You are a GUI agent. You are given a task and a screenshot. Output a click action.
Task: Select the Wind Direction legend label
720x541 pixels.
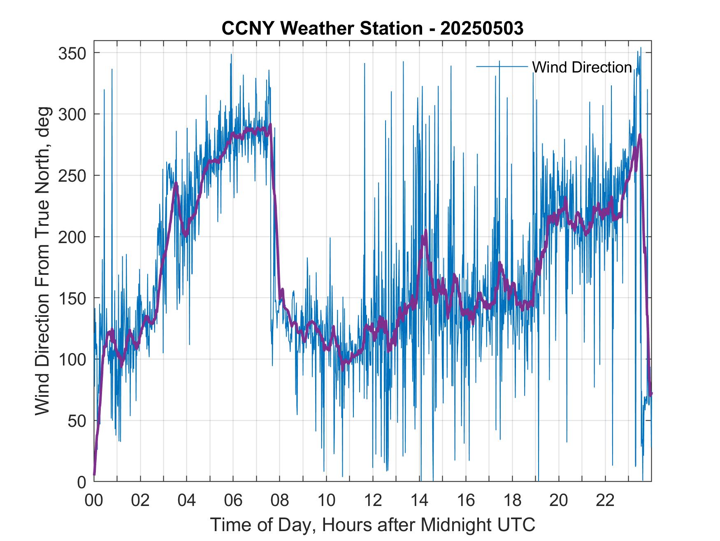coord(582,67)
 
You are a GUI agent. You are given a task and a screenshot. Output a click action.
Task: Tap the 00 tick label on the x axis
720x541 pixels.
coord(94,500)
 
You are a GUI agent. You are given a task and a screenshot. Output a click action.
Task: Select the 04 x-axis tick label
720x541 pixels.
coord(187,500)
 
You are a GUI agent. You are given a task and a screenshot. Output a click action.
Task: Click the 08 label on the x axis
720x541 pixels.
coord(280,500)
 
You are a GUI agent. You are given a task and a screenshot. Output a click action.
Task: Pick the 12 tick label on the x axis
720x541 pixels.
coord(373,500)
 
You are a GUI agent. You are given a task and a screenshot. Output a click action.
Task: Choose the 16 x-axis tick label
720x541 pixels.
coord(466,500)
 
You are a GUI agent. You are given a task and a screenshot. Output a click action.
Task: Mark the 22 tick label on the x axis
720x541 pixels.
coord(605,500)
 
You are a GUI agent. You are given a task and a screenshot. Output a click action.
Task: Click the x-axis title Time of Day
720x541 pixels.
coord(372,525)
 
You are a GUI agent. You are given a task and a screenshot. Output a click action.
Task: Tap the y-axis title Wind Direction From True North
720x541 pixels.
coord(42,261)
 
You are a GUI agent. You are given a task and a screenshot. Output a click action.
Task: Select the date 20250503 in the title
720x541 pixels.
coord(482,28)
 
